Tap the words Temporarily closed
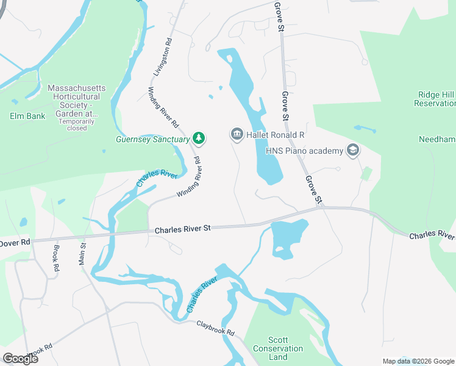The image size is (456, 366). pos(77,124)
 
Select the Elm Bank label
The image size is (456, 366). pos(27,116)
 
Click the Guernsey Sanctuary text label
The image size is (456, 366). pos(153,139)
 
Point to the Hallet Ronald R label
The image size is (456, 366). pos(275,135)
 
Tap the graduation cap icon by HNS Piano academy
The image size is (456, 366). pos(352,150)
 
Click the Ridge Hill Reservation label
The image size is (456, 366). pos(435,99)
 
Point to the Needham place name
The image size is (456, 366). pos(437,139)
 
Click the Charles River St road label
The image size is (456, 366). pos(182,229)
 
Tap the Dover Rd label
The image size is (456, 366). pos(15,242)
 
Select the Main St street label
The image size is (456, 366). pos(82,254)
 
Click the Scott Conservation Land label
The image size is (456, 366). pos(286,348)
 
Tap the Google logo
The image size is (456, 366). pos(20,358)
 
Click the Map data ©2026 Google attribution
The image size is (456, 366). pos(418,361)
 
